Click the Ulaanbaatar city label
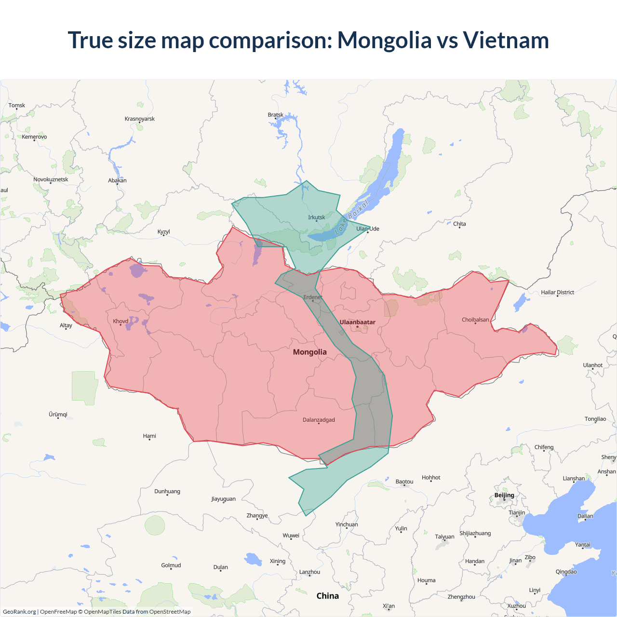click(357, 322)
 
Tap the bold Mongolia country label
click(309, 352)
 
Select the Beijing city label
click(504, 495)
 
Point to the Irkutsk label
click(317, 217)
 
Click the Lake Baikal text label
click(351, 216)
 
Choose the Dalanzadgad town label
click(319, 420)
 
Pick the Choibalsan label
click(475, 320)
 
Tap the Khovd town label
click(121, 321)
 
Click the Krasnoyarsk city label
click(139, 119)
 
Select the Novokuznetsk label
click(51, 179)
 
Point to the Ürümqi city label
click(58, 415)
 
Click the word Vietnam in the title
click(506, 40)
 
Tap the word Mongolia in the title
click(384, 40)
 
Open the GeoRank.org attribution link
click(19, 612)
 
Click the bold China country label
click(327, 596)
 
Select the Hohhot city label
click(431, 478)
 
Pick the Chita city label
click(459, 224)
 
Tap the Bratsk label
click(275, 115)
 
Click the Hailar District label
click(557, 292)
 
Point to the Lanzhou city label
click(309, 572)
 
